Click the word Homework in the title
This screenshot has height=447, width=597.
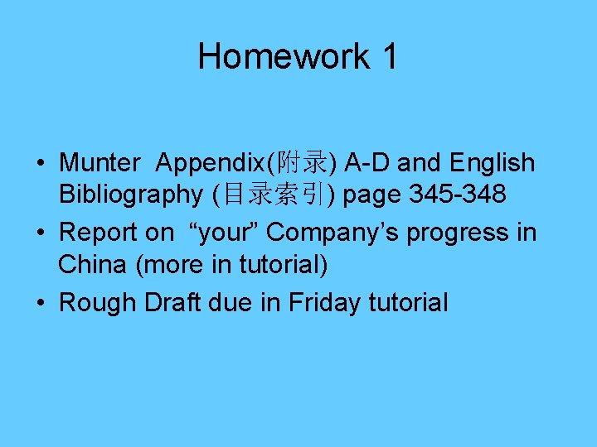tap(284, 56)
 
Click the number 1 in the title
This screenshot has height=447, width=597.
tap(389, 56)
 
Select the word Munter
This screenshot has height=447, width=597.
tap(100, 163)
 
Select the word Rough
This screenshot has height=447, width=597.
tap(99, 303)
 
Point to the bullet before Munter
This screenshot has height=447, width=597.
tap(41, 164)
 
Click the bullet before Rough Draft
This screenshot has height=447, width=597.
tap(41, 303)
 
